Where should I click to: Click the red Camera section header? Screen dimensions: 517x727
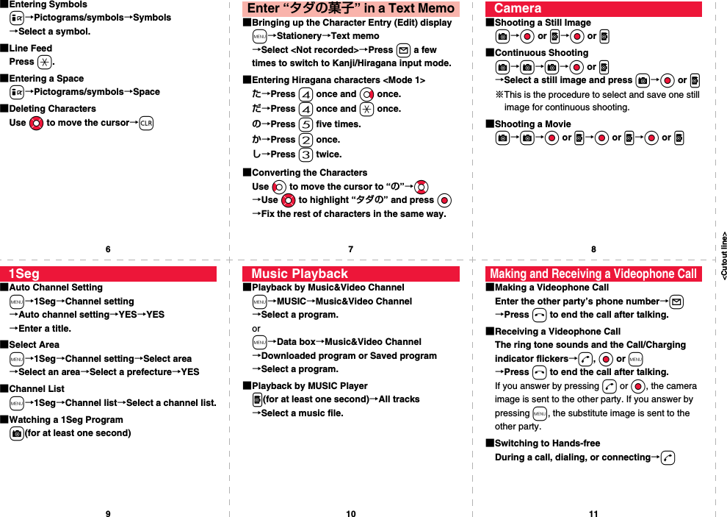click(593, 9)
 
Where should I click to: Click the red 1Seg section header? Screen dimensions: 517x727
click(108, 274)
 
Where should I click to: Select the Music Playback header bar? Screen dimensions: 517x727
click(350, 274)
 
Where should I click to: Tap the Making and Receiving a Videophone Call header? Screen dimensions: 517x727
click(593, 274)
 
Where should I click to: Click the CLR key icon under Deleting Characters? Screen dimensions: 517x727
click(146, 123)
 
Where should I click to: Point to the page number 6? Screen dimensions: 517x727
click(108, 249)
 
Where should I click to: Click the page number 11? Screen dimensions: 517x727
click(593, 513)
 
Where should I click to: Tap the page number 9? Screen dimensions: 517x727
click(108, 513)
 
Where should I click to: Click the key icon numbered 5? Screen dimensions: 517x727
click(305, 124)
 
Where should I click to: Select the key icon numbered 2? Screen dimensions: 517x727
click(305, 140)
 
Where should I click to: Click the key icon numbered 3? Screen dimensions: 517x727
click(305, 154)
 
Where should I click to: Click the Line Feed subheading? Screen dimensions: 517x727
click(30, 49)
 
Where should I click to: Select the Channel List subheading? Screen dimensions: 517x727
click(36, 389)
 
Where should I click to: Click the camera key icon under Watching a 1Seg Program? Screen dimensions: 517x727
click(16, 434)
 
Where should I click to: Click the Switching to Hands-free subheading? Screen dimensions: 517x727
click(547, 443)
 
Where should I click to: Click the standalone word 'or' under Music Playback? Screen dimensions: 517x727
click(256, 329)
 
